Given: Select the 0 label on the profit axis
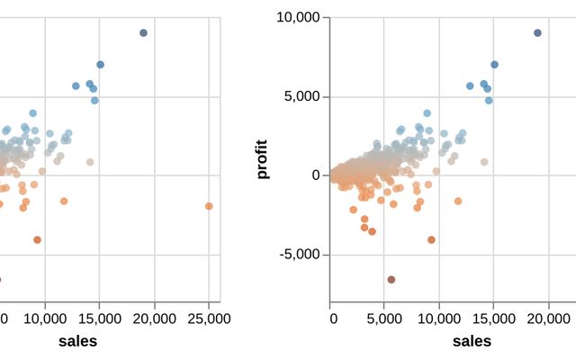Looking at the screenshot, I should [315, 175].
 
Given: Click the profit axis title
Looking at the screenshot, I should [263, 159].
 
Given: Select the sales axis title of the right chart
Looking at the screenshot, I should [472, 341].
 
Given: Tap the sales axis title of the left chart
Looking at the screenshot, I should [77, 341].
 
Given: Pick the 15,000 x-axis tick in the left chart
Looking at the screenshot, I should [100, 319].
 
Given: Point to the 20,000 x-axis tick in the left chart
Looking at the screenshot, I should [154, 319].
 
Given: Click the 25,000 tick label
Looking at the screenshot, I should [209, 319].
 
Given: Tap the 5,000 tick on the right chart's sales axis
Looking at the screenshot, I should [385, 319].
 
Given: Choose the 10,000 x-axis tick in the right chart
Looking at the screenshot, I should [439, 319].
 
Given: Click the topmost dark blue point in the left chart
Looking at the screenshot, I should [143, 33].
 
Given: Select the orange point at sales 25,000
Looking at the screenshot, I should [209, 206].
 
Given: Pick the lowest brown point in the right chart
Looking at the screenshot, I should [391, 280].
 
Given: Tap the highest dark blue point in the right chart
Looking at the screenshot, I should [537, 33].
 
